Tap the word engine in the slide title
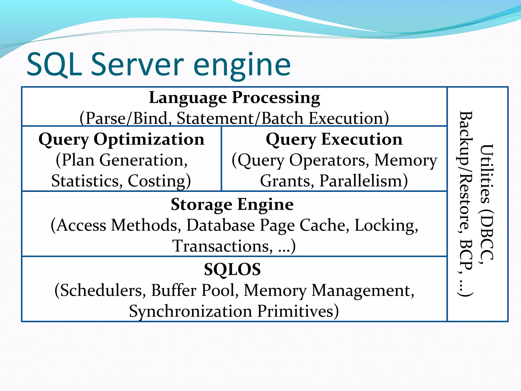pyautogui.click(x=242, y=66)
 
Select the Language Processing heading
pyautogui.click(x=234, y=98)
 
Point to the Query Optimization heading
pyautogui.click(x=122, y=139)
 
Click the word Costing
pyautogui.click(x=159, y=181)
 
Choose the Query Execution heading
pyautogui.click(x=334, y=139)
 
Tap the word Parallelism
pyautogui.click(x=364, y=181)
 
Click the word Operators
pyautogui.click(x=329, y=160)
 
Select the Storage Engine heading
pyautogui.click(x=232, y=205)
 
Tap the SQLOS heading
pyautogui.click(x=232, y=270)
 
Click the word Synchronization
pyautogui.click(x=191, y=311)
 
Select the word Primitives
pyautogui.click(x=298, y=311)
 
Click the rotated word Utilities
pyautogui.click(x=486, y=174)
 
